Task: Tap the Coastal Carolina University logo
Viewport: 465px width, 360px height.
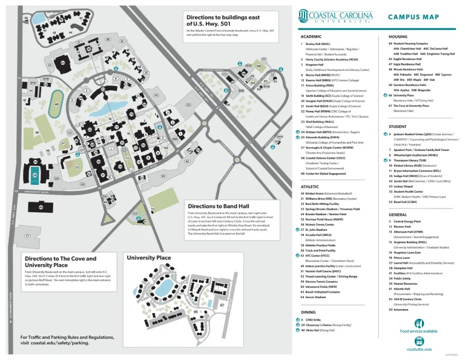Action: click(x=335, y=18)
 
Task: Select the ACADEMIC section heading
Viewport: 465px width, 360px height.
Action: click(x=311, y=37)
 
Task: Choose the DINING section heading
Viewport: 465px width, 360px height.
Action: click(x=308, y=312)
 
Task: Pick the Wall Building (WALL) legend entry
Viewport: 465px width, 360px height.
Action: click(x=322, y=121)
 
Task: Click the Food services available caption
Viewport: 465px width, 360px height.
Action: click(x=418, y=332)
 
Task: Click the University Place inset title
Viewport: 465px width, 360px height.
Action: click(x=149, y=258)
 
